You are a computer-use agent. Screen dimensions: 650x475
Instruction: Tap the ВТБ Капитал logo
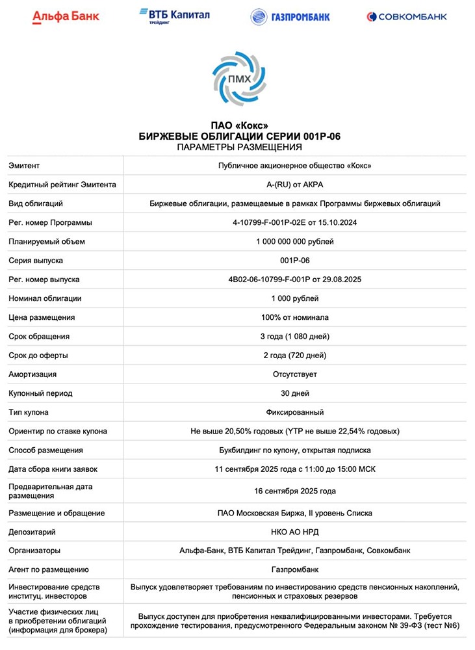tap(175, 16)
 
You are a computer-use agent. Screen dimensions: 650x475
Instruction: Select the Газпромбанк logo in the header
tap(290, 17)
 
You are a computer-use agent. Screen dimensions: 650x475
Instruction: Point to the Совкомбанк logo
tap(407, 17)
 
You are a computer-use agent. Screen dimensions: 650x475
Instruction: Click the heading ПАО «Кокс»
tap(239, 125)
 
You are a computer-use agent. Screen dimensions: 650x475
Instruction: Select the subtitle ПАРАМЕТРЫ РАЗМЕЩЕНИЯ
tap(239, 147)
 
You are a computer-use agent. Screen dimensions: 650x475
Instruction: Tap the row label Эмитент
tap(24, 166)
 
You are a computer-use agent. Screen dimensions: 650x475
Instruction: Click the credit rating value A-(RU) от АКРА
tap(295, 185)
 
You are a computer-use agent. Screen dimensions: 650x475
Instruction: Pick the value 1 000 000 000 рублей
tap(295, 242)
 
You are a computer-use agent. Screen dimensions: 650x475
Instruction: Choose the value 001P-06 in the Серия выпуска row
tap(295, 261)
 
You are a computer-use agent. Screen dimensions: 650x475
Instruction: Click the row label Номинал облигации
tap(45, 298)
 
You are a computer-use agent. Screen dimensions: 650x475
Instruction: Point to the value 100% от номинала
tap(295, 317)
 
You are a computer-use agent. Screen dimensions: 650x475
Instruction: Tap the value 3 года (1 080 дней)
tap(295, 337)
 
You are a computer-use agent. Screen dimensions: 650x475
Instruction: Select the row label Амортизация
tap(32, 374)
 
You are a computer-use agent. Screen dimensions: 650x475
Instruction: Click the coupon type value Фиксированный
tap(295, 412)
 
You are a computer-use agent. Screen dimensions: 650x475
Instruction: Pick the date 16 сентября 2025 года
tap(295, 491)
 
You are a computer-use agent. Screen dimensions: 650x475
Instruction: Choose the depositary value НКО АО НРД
tap(295, 532)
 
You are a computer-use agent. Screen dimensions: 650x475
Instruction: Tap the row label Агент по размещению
tap(49, 570)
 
